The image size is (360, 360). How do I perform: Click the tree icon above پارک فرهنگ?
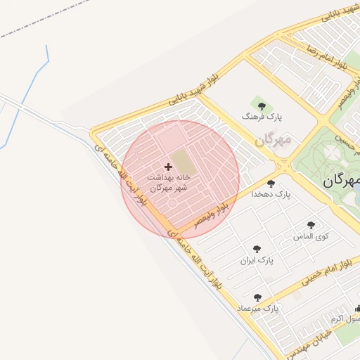262,106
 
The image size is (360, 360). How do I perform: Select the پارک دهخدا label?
272,193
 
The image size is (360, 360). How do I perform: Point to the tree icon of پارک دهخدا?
271,184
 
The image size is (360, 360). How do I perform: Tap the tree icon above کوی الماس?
311,226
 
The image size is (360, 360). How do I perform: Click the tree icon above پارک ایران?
256,250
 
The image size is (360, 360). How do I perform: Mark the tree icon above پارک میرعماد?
257,298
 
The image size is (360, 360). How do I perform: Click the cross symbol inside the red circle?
167,167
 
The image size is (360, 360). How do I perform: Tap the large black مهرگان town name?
341,181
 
